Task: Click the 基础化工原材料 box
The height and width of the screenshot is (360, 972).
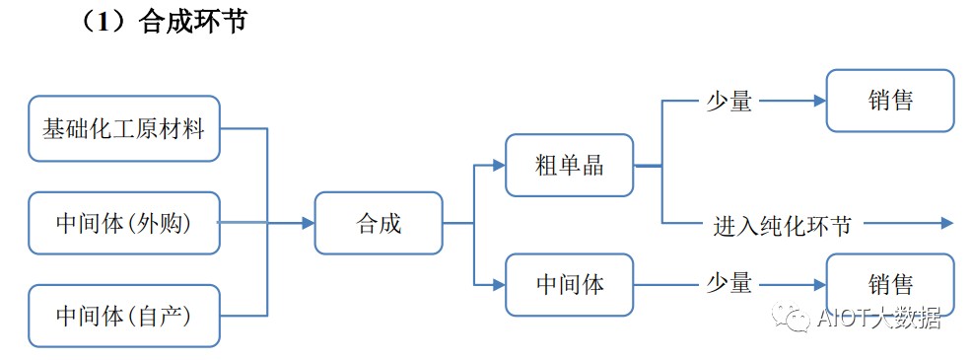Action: (x=124, y=129)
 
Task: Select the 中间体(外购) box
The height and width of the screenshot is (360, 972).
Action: (x=124, y=224)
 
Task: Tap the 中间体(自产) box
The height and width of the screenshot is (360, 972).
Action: (x=124, y=316)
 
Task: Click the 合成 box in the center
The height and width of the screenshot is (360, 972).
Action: (x=379, y=223)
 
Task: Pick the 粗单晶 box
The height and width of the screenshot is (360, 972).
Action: (x=570, y=165)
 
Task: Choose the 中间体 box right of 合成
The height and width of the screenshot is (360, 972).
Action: (x=570, y=285)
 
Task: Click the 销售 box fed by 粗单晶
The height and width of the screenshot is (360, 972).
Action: (x=890, y=101)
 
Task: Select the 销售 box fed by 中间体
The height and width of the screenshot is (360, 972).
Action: (x=890, y=285)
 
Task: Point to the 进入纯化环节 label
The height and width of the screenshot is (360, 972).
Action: (x=782, y=225)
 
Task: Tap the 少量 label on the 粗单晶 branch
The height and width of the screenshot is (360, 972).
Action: (x=729, y=102)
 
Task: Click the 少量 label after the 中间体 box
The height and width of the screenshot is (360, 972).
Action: (x=729, y=285)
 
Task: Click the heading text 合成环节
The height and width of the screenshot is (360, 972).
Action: (x=193, y=22)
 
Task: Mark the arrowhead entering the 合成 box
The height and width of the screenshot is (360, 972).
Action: (x=309, y=224)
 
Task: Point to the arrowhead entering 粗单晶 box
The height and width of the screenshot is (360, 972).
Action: (x=499, y=165)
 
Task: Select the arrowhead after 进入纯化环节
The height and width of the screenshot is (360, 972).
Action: (x=946, y=224)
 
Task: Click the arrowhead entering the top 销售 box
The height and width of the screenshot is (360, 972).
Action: (x=819, y=101)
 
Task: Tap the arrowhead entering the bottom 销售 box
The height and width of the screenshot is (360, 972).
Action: (x=819, y=285)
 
